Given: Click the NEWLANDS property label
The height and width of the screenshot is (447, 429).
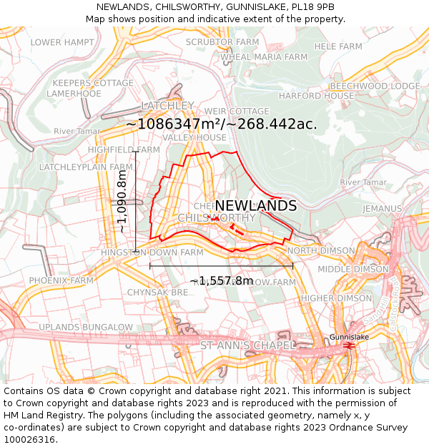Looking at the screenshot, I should (255, 206).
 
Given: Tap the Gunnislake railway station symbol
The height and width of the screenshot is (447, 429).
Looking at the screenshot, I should (349, 345).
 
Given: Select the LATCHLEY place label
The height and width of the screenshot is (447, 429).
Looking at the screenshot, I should (167, 105).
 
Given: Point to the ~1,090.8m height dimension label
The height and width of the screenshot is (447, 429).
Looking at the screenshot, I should (122, 202).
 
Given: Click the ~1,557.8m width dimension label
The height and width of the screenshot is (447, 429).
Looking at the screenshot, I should (221, 280).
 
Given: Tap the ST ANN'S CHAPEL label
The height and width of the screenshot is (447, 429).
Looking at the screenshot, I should (247, 346).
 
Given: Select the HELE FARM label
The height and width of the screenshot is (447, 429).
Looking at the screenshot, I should (339, 46).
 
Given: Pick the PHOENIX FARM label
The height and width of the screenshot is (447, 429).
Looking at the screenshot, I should (61, 280).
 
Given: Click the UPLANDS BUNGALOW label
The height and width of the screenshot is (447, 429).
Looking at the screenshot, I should (86, 328).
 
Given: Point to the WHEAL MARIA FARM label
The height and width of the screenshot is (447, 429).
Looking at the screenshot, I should (264, 57).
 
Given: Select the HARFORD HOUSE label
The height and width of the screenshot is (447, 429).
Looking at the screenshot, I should (316, 96).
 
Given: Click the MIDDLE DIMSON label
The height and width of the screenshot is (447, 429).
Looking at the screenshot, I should (353, 270).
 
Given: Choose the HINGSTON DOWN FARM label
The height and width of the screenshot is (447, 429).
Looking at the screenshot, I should (152, 253).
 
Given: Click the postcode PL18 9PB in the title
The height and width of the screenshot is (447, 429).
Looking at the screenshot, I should (310, 6).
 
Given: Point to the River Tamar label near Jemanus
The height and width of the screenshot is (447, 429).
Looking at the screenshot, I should (363, 183).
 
